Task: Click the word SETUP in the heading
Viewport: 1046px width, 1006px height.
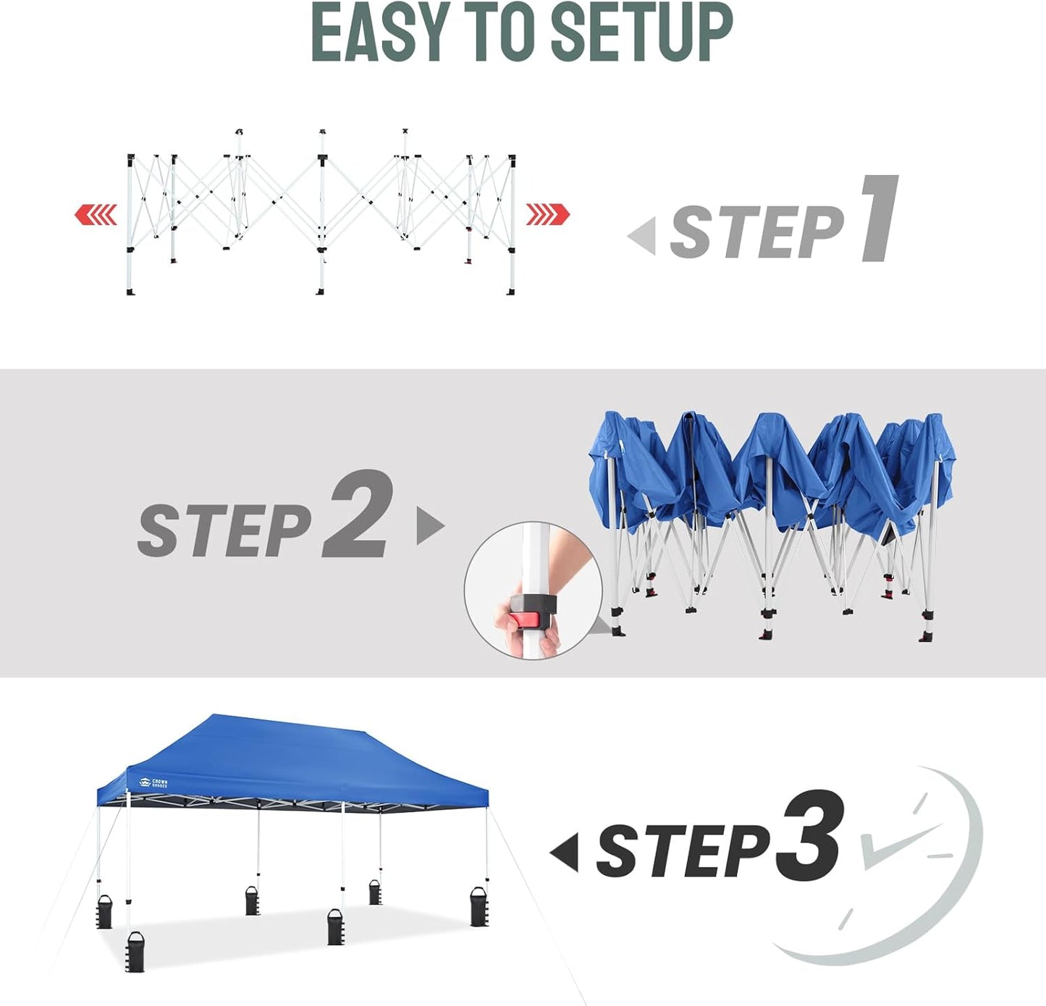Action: (641, 33)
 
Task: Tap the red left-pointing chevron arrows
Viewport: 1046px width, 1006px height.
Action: (96, 215)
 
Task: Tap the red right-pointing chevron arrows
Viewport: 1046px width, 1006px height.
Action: (547, 215)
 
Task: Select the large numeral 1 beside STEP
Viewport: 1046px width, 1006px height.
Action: (880, 219)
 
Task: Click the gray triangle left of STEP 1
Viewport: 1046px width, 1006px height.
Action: (643, 236)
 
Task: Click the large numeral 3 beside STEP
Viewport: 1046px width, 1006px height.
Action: (809, 836)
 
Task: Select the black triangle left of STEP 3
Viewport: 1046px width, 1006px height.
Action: (565, 852)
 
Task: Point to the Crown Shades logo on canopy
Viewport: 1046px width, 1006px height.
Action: (153, 783)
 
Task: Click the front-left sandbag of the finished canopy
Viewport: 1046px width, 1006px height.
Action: (135, 951)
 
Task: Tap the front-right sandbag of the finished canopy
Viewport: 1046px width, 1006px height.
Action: (479, 907)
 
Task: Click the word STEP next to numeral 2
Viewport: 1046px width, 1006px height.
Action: (224, 531)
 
